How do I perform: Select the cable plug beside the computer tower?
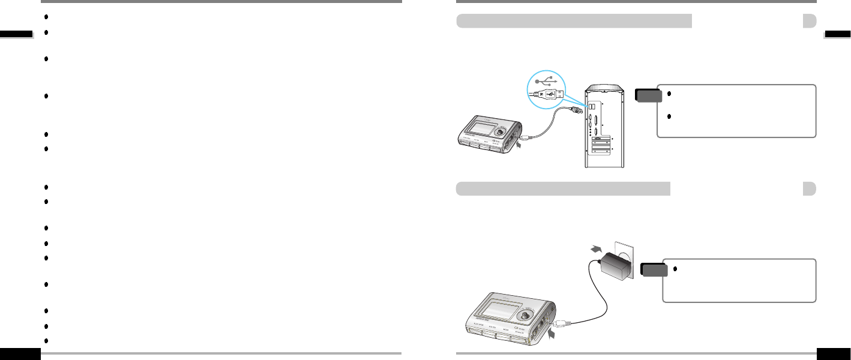pos(578,110)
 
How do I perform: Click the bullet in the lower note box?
pos(675,268)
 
